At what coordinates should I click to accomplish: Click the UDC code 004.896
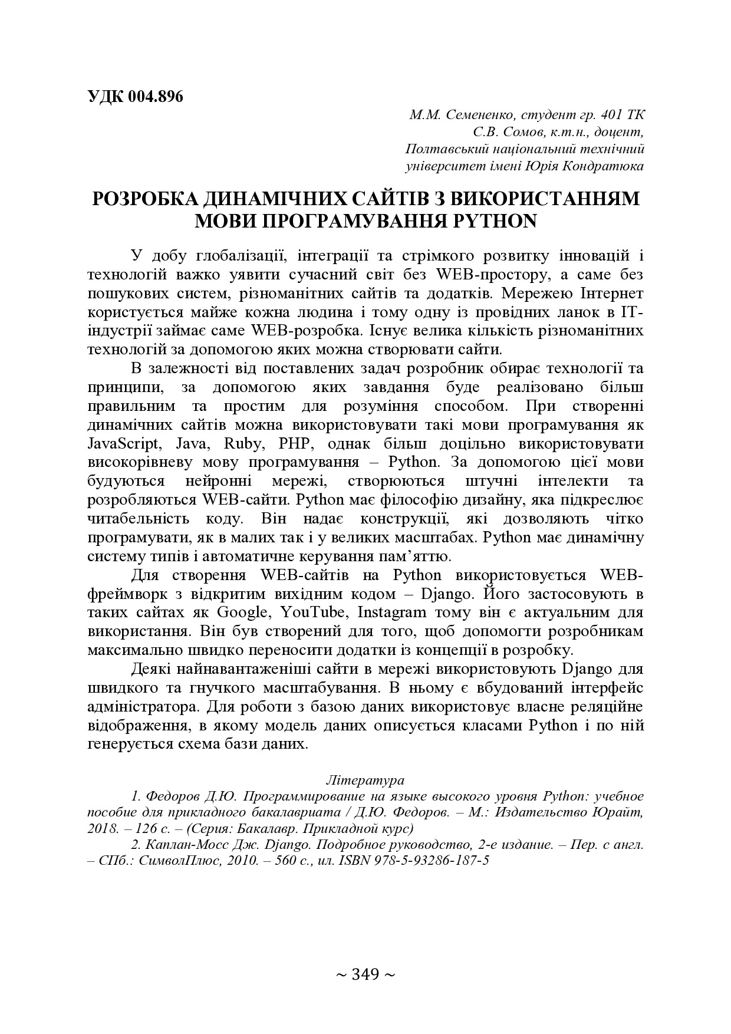click(x=155, y=97)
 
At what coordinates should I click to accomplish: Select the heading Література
click(x=365, y=780)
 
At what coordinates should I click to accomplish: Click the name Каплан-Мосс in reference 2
click(x=173, y=844)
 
